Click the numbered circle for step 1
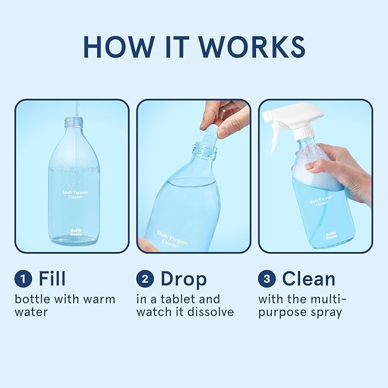pos(23,279)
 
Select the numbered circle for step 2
pos(145,279)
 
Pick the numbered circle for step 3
pos(267,279)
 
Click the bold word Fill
pos(52,279)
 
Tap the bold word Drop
pos(183,279)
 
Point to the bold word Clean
pos(309,279)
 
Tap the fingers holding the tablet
pos(226,117)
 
